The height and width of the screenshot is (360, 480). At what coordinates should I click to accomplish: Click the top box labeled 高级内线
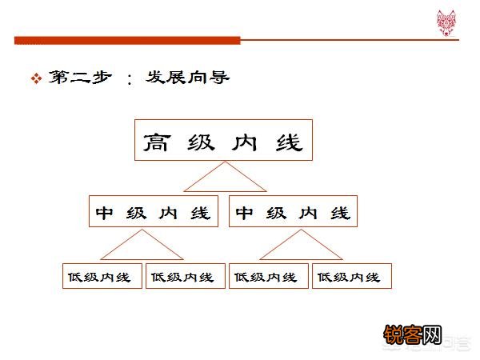pyautogui.click(x=223, y=141)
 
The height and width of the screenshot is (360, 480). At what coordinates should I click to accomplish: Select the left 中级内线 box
pyautogui.click(x=152, y=212)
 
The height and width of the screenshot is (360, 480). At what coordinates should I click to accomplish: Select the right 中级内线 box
pyautogui.click(x=293, y=212)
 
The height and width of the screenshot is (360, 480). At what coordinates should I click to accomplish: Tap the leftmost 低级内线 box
pyautogui.click(x=102, y=276)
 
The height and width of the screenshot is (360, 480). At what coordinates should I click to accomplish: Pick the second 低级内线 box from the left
pyautogui.click(x=186, y=276)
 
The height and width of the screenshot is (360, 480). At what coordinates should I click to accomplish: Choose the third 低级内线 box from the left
pyautogui.click(x=269, y=276)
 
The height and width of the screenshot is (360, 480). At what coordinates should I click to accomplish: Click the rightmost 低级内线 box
pyautogui.click(x=352, y=276)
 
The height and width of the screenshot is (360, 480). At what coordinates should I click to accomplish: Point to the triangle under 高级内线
pyautogui.click(x=224, y=179)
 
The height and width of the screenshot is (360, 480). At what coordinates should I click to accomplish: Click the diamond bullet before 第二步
pyautogui.click(x=35, y=79)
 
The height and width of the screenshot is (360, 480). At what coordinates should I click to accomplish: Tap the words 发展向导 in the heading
pyautogui.click(x=188, y=78)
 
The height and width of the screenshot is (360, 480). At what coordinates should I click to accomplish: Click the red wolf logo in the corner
pyautogui.click(x=446, y=19)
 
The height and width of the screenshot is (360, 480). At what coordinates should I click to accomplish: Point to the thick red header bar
pyautogui.click(x=128, y=40)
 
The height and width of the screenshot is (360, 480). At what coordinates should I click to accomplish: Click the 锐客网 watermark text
pyautogui.click(x=413, y=335)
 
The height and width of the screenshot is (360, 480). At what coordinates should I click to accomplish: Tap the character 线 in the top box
pyautogui.click(x=290, y=142)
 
